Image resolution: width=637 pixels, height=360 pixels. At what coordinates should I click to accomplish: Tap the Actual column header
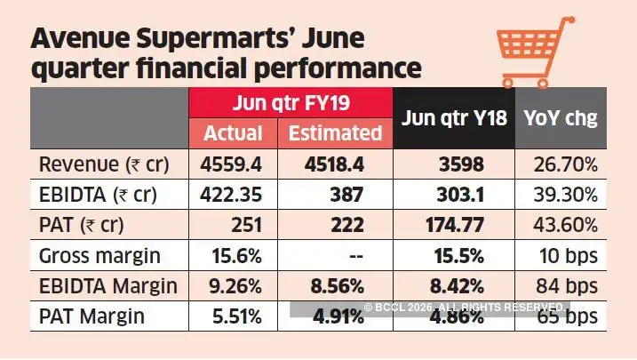tap(234, 133)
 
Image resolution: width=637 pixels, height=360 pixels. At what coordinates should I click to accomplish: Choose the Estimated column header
tap(336, 133)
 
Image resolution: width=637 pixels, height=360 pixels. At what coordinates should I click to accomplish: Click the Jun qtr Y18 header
tap(455, 117)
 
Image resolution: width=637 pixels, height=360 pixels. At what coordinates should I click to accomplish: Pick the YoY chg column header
tap(561, 117)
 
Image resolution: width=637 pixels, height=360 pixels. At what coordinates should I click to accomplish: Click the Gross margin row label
tap(100, 256)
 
